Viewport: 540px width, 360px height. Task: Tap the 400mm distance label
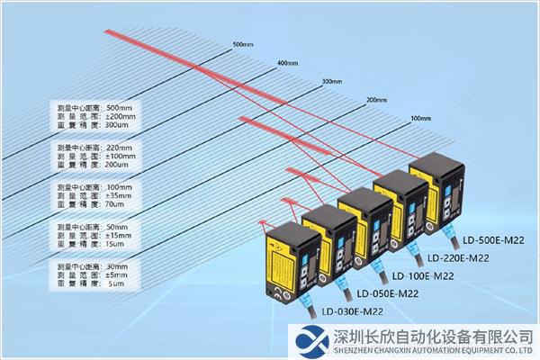[x=287, y=63]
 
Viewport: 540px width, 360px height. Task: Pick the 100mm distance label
[x=420, y=119]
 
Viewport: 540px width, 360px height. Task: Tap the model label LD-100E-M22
[x=424, y=276]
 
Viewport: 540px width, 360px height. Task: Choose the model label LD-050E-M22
[x=388, y=294]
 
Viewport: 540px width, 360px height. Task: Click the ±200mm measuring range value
[x=121, y=116]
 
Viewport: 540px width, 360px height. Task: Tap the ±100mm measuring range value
[x=121, y=157]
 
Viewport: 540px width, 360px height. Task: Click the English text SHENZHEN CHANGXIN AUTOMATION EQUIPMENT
[x=420, y=350]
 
